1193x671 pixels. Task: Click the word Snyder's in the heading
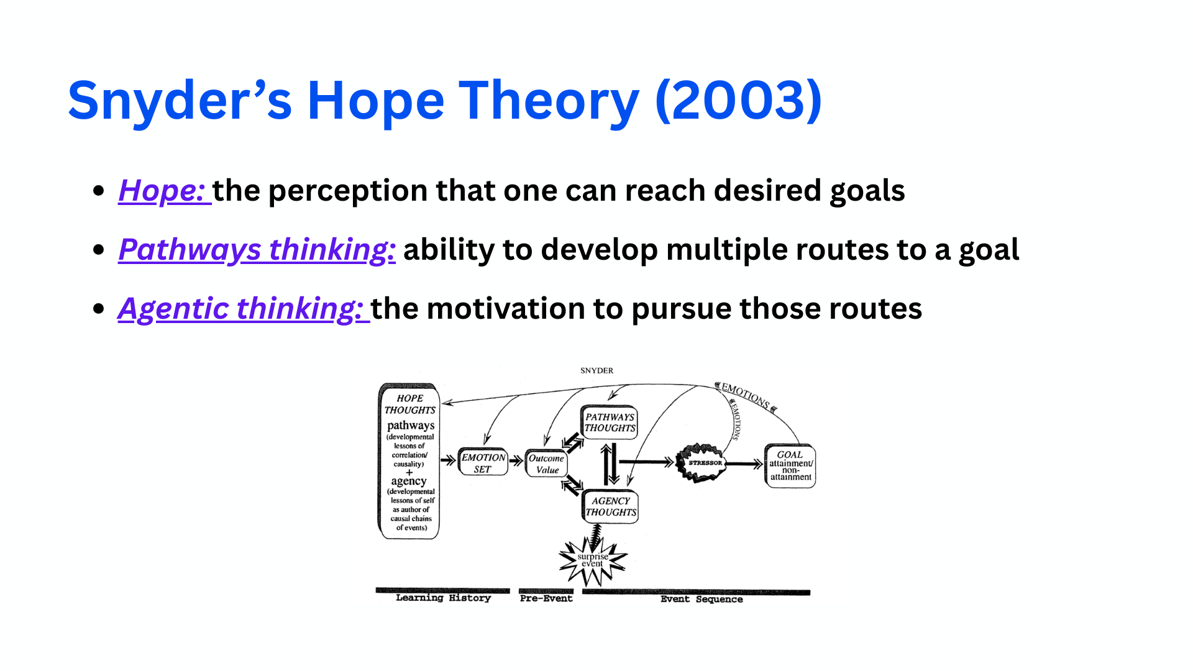180,101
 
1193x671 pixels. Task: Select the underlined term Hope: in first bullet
163,191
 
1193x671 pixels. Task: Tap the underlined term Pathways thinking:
257,250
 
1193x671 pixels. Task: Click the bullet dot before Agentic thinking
98,309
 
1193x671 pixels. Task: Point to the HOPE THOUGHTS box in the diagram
409,461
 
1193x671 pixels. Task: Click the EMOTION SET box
483,463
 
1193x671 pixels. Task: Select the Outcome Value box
546,463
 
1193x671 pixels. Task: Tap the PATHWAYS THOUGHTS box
610,422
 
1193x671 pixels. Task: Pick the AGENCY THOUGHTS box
611,506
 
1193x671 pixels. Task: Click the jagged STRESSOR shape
704,463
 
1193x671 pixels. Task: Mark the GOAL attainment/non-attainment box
790,465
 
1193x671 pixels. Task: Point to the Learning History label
443,598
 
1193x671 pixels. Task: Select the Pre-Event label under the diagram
546,598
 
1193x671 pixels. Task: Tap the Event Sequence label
701,599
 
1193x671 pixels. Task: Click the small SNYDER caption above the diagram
596,370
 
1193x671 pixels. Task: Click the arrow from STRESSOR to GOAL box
744,463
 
